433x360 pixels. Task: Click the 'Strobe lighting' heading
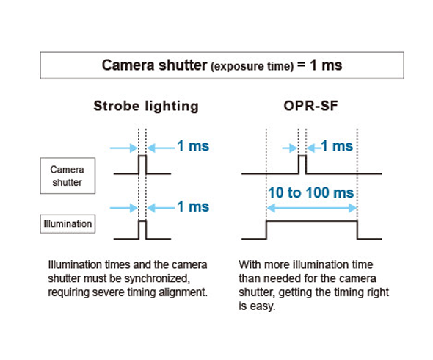pos(146,107)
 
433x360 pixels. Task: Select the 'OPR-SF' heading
pos(311,106)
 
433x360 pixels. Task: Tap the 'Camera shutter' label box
pos(68,176)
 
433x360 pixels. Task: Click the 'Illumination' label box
pos(68,223)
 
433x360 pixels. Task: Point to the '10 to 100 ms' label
pos(311,192)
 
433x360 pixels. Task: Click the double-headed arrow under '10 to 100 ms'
pos(312,208)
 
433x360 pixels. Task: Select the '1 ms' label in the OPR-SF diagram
pos(337,145)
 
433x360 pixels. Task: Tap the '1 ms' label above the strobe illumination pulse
pos(193,206)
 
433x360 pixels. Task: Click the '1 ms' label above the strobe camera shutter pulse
pos(193,145)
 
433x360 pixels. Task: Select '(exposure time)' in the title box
pos(252,66)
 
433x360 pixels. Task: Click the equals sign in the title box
pos(302,65)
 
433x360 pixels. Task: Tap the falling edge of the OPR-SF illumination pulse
pos(357,230)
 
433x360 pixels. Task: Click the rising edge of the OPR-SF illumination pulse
pos(266,230)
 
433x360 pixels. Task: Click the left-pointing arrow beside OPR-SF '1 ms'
pos(313,148)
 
